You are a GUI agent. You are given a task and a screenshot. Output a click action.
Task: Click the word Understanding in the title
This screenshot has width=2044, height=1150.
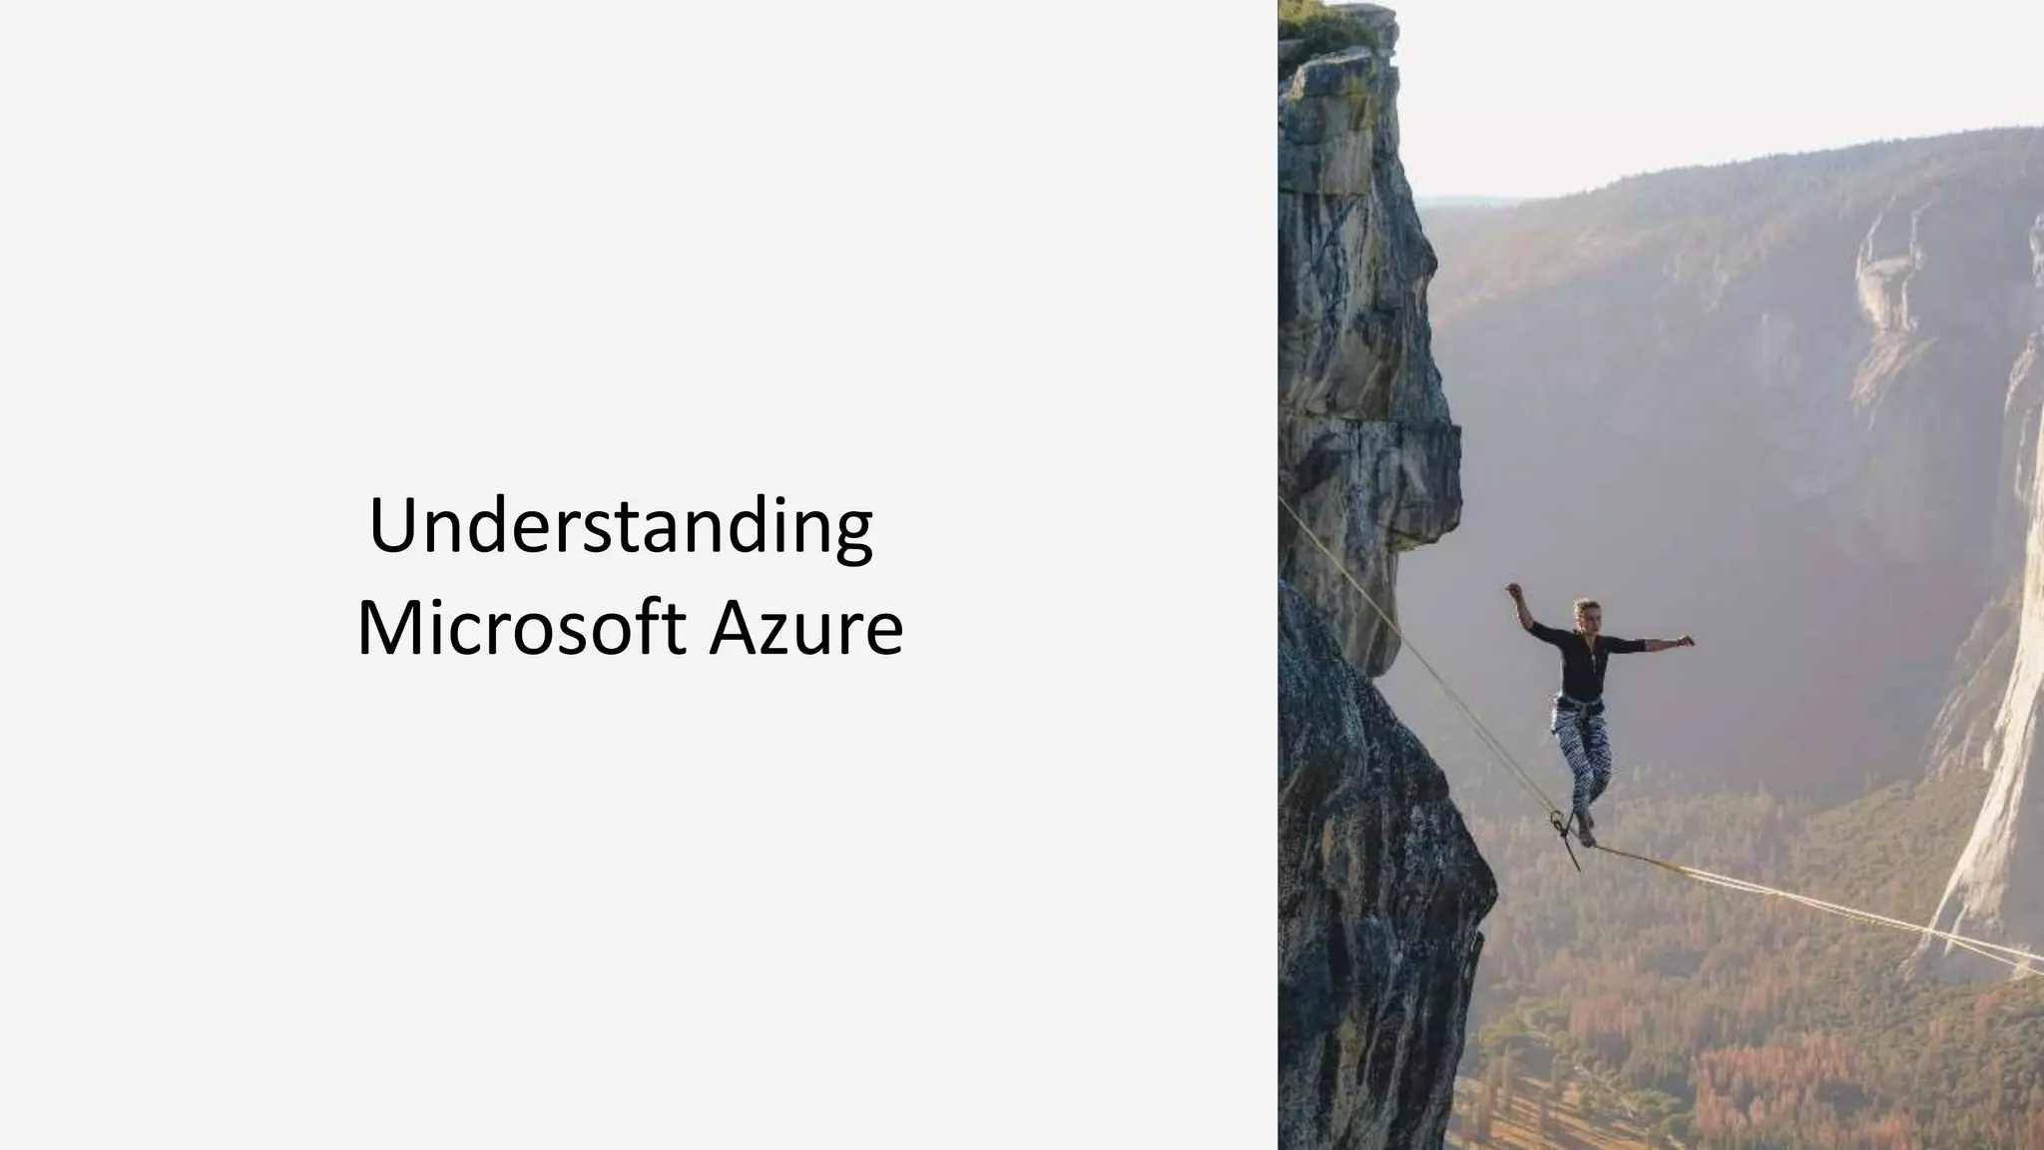pos(621,526)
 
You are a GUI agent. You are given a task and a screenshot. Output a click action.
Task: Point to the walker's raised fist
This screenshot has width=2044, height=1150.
pos(1513,590)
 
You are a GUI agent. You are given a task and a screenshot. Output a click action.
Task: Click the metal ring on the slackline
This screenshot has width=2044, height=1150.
pos(1556,821)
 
